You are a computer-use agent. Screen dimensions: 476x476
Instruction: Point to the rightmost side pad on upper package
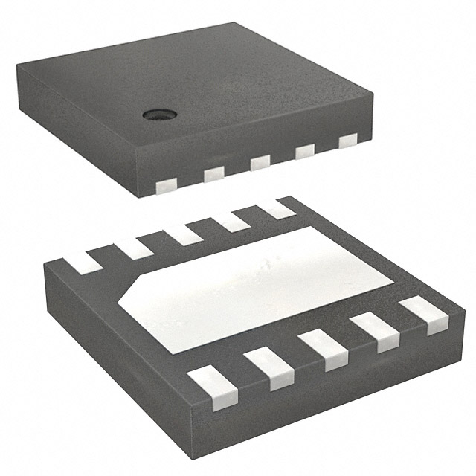[347, 141]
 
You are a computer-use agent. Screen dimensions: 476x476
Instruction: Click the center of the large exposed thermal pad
[260, 286]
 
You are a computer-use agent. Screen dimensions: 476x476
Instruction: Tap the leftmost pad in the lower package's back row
[83, 260]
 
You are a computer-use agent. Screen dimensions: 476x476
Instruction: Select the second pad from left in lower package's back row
[135, 247]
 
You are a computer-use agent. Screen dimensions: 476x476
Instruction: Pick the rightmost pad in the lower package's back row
[278, 209]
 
